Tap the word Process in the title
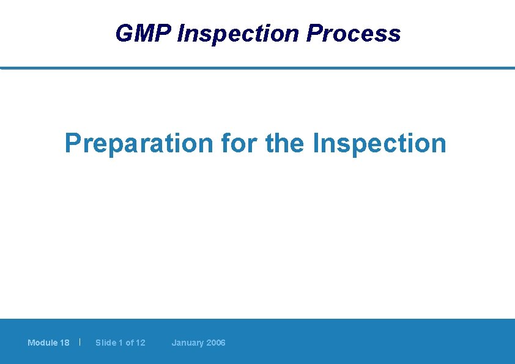[354, 34]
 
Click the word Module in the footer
[42, 343]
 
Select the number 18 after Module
[65, 343]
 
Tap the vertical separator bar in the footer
[80, 342]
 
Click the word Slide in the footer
[105, 343]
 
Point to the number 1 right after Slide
[120, 343]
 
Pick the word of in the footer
[129, 343]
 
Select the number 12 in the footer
[141, 343]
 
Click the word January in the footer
[187, 343]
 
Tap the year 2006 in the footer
[215, 343]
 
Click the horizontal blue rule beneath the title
[257, 68]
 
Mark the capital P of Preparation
[73, 144]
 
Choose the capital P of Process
[314, 34]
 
